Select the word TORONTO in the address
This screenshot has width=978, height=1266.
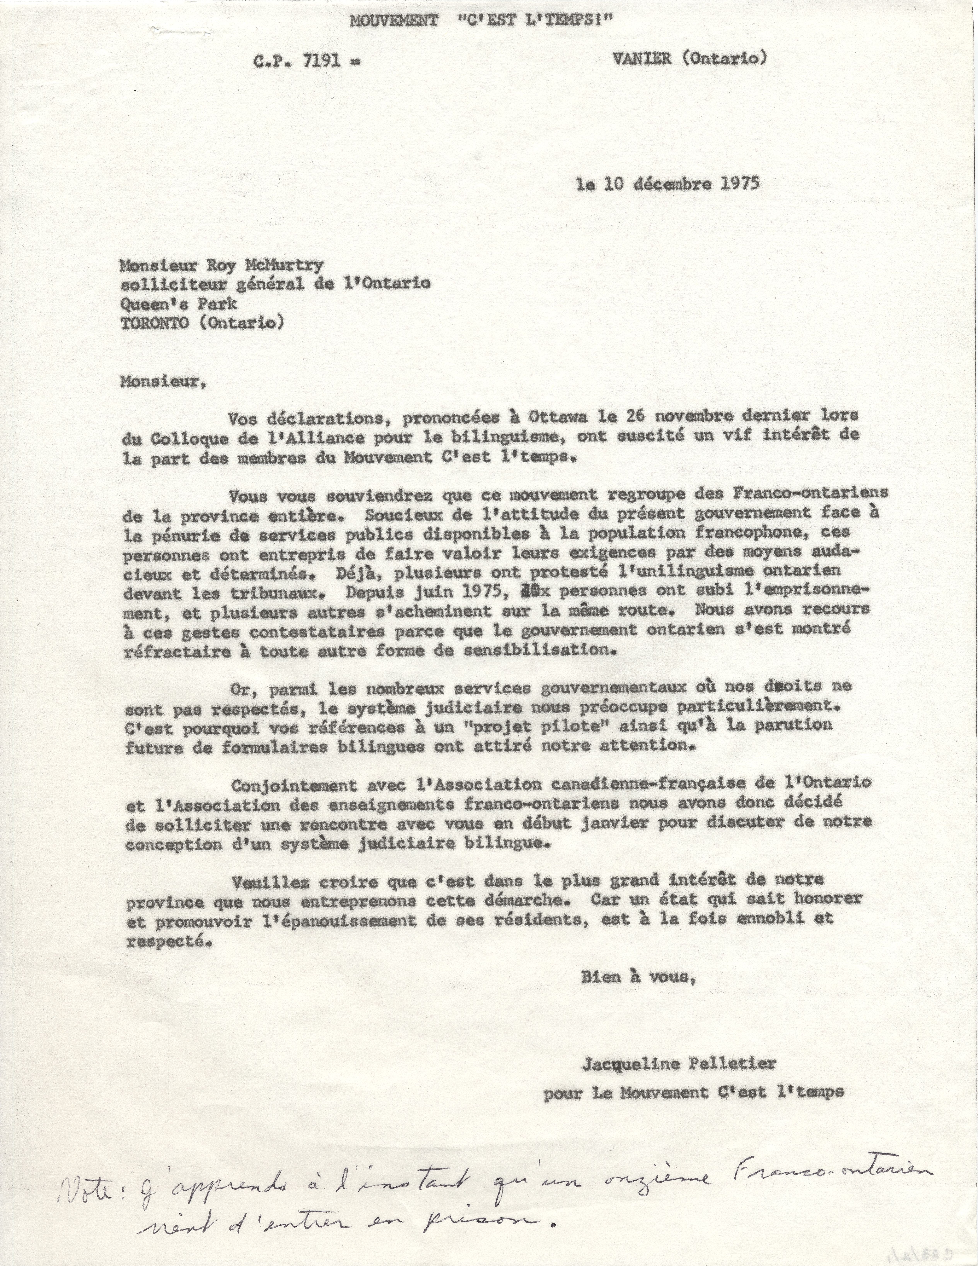pyautogui.click(x=154, y=322)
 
